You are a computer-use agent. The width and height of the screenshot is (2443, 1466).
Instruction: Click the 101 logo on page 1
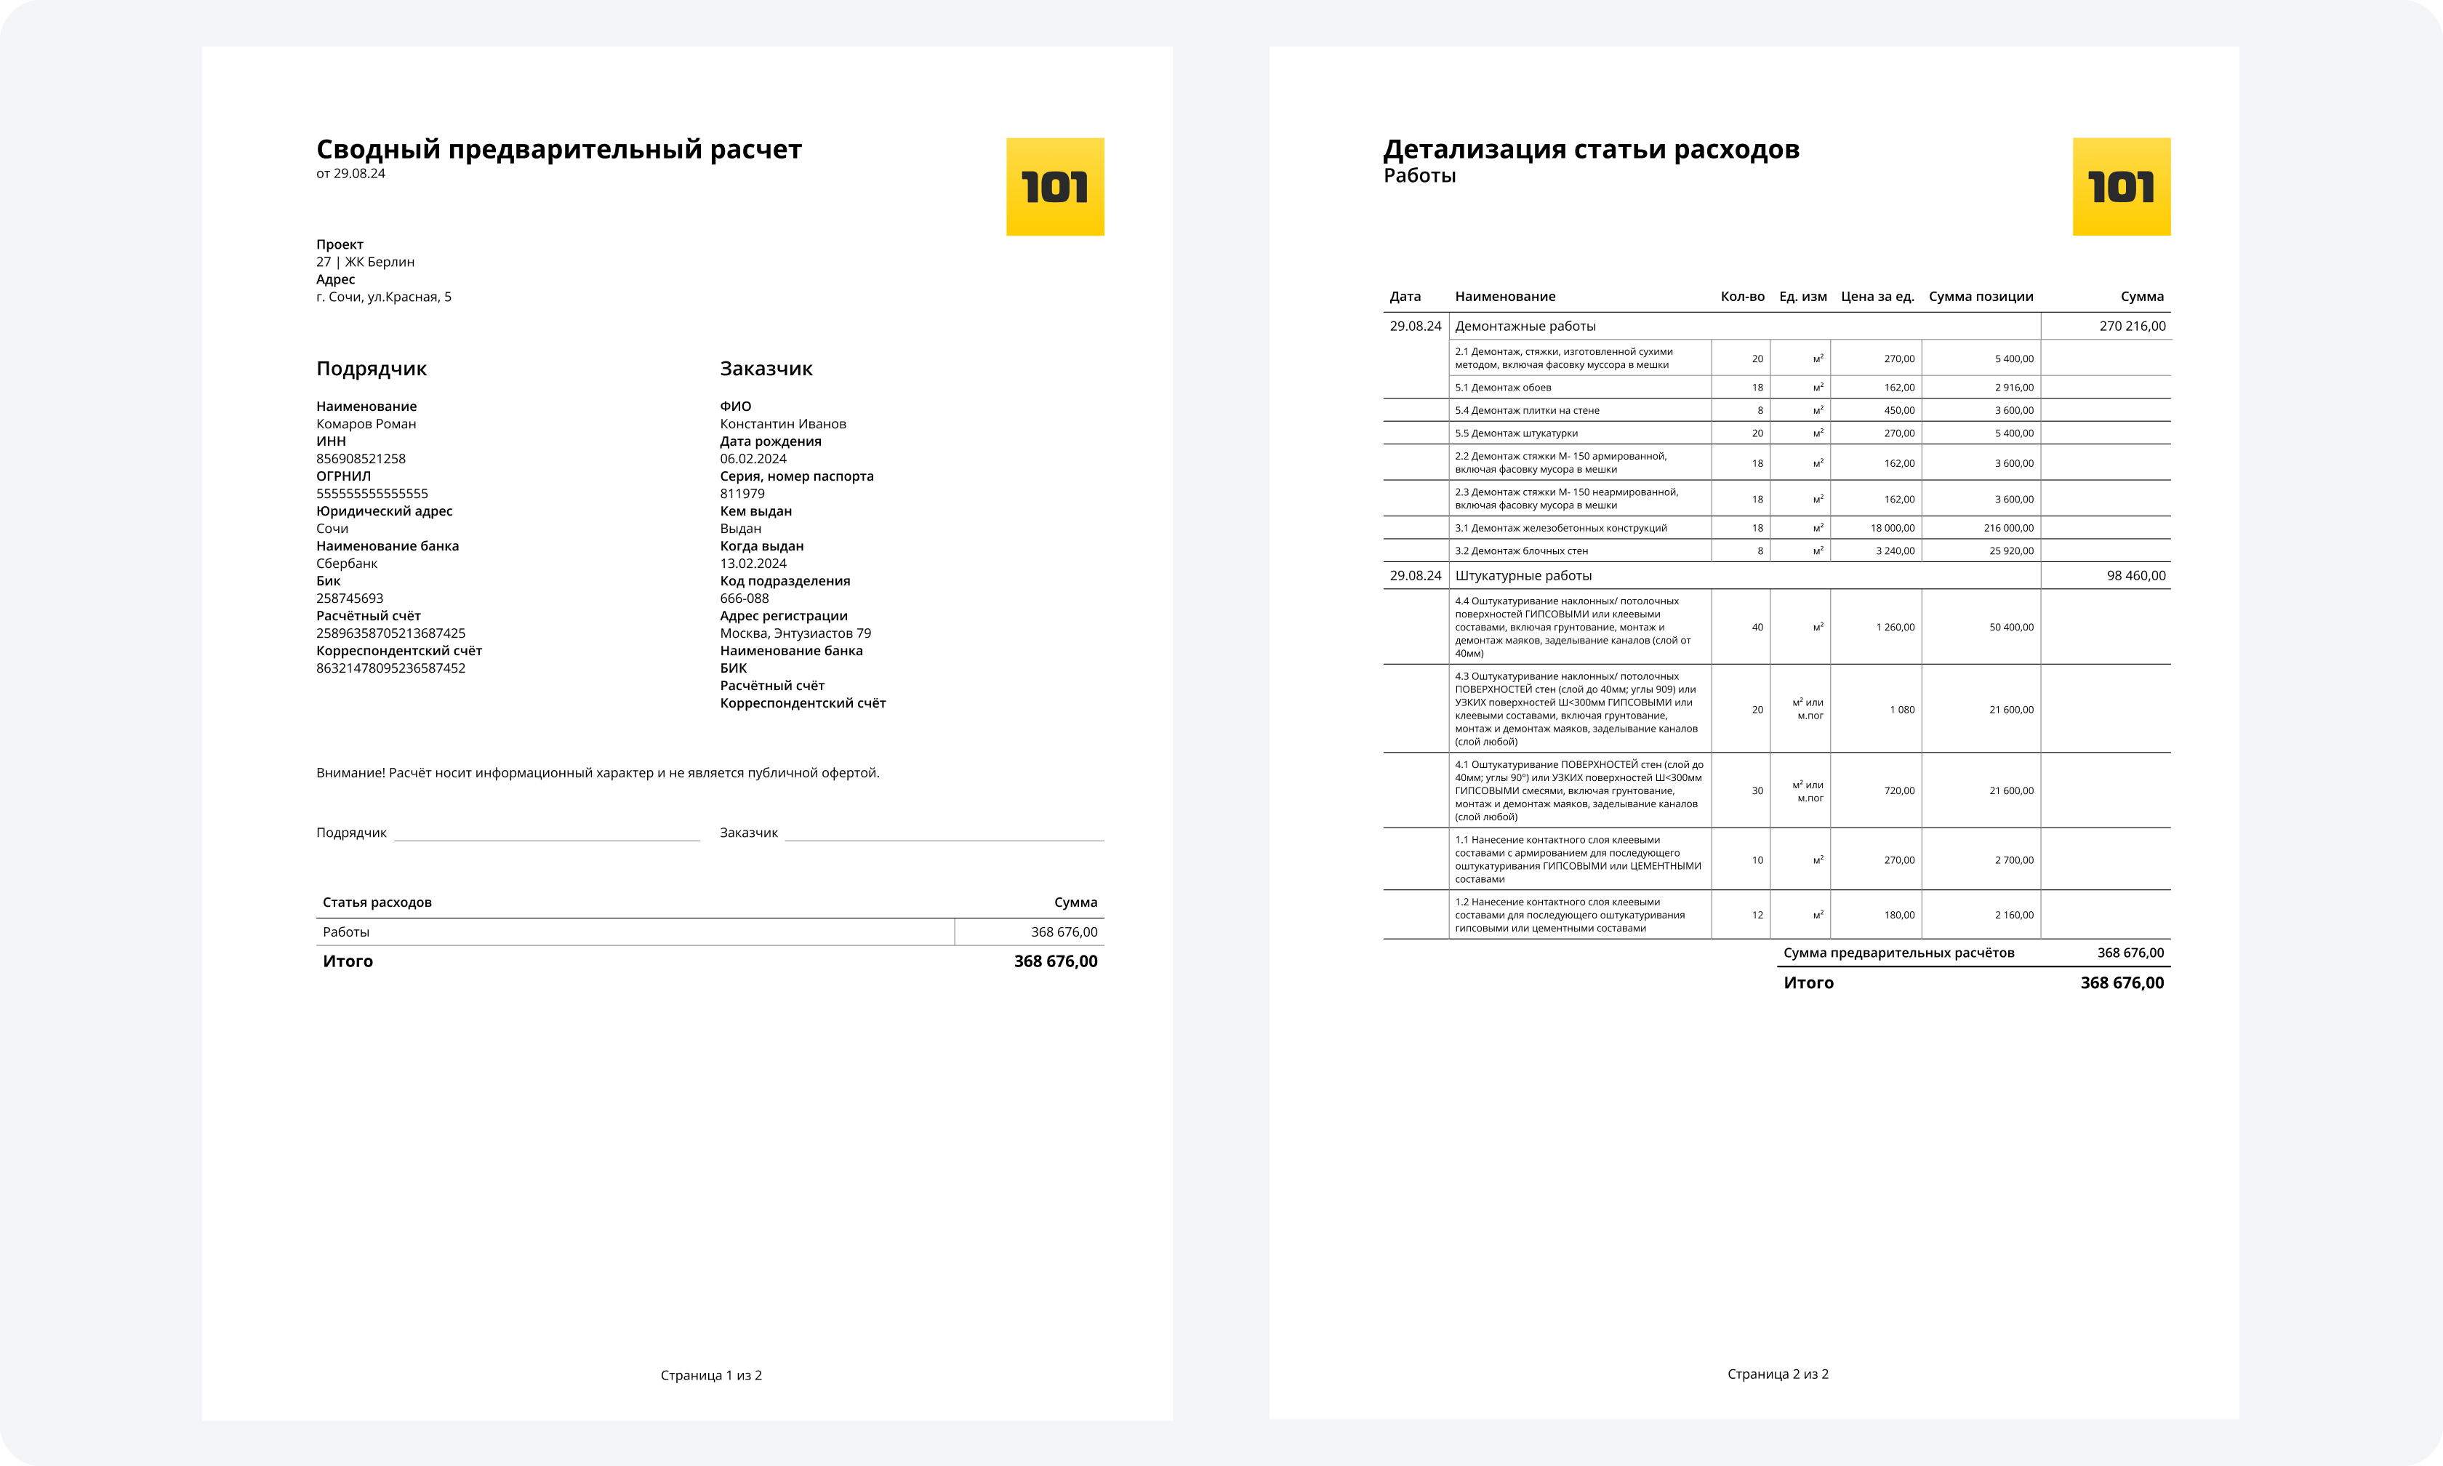tap(1054, 187)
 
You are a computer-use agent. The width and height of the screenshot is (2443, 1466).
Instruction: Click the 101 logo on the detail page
tap(2121, 187)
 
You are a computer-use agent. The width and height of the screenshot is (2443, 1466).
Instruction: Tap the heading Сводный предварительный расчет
tap(559, 149)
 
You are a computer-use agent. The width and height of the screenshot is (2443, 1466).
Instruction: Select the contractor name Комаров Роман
tap(366, 424)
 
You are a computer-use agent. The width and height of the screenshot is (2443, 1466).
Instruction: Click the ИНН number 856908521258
tap(361, 458)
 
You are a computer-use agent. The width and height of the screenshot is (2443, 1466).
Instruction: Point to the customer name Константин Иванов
tap(783, 424)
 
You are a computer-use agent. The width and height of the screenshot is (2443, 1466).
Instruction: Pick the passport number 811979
tap(742, 493)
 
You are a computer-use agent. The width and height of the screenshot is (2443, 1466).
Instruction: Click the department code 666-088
tap(745, 598)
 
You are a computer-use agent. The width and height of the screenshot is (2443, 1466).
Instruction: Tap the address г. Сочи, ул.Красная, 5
tap(383, 297)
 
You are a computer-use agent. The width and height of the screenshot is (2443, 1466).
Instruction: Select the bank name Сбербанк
tap(347, 563)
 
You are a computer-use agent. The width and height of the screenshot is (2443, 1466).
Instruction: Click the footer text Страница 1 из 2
tap(711, 1375)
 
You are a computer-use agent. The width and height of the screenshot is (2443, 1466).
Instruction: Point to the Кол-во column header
tap(1742, 297)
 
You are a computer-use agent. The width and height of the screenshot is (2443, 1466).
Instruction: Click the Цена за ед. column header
tap(1877, 297)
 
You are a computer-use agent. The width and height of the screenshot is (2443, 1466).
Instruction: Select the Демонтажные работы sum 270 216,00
tap(2132, 326)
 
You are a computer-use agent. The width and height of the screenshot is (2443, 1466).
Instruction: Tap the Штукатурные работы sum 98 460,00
tap(2136, 575)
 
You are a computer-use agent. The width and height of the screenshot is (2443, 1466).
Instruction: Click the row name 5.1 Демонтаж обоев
tap(1503, 388)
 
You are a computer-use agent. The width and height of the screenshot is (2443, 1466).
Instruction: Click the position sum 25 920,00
tap(2010, 550)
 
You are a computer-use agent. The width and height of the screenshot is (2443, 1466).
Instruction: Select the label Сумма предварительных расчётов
tap(1899, 953)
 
